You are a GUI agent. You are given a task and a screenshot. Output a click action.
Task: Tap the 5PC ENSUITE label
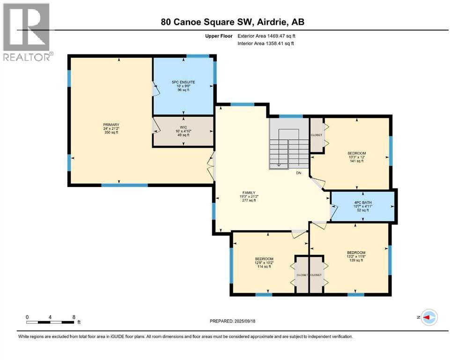(183, 82)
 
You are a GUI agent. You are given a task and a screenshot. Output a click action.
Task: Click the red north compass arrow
(428, 317)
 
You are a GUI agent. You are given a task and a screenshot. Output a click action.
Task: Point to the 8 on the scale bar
(74, 317)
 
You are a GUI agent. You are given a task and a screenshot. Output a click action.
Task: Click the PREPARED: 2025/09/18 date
(233, 321)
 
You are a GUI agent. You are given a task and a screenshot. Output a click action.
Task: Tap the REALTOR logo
(27, 32)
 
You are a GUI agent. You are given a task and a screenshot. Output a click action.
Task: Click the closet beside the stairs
(317, 135)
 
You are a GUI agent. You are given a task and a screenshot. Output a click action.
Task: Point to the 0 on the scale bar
(27, 317)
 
